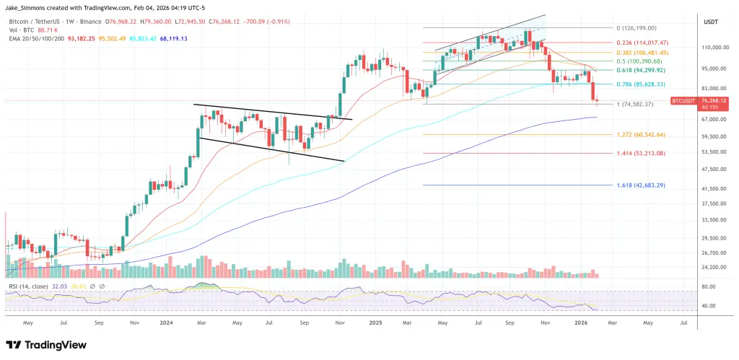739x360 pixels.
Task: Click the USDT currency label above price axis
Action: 711,22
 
